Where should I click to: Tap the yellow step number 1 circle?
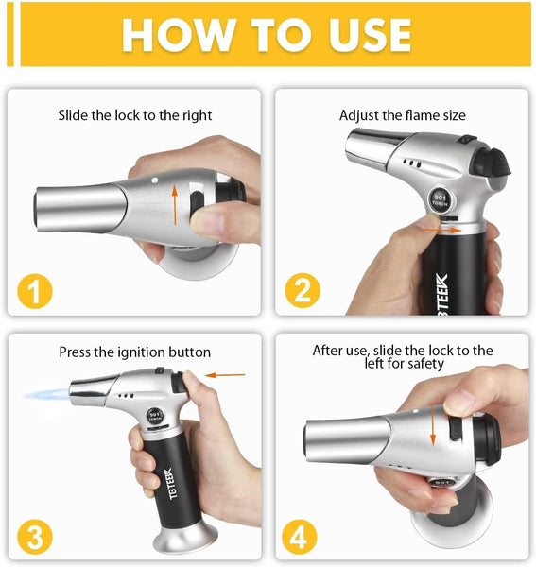point(35,289)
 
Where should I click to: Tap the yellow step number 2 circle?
point(302,289)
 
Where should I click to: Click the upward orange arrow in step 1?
point(175,204)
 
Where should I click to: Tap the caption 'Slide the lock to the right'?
point(134,115)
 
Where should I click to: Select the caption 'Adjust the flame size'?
point(402,115)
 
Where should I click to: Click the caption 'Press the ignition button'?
point(134,352)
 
